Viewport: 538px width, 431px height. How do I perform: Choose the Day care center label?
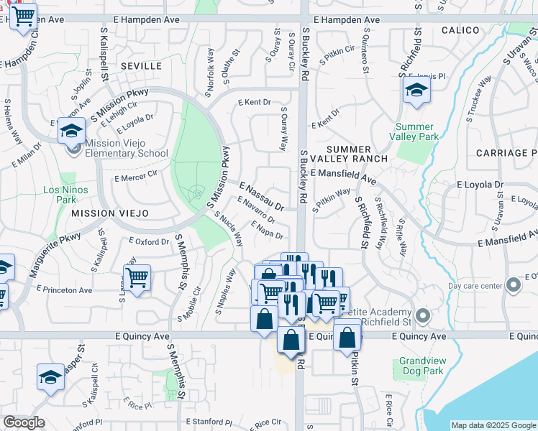pyautogui.click(x=475, y=285)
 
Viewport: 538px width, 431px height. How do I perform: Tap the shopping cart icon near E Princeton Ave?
pyautogui.click(x=136, y=277)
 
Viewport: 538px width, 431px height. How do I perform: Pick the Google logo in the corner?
pyautogui.click(x=24, y=422)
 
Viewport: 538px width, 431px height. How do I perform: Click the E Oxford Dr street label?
pyautogui.click(x=149, y=242)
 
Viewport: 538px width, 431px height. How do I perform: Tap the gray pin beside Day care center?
pyautogui.click(x=513, y=285)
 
